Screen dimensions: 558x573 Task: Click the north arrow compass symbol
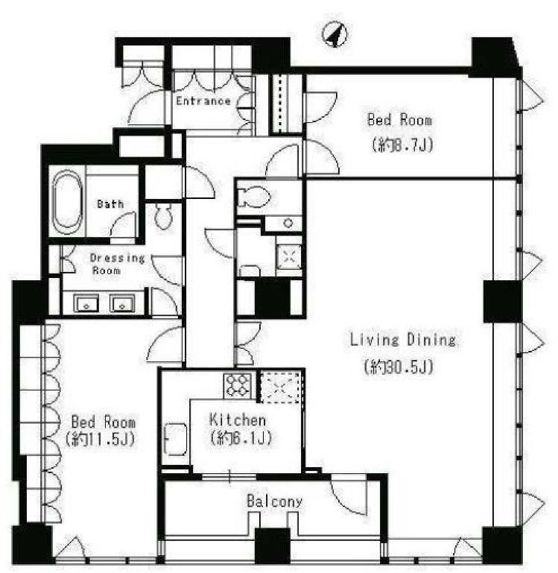(x=335, y=35)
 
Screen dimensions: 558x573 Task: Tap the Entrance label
(x=203, y=101)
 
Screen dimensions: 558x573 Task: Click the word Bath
(x=110, y=204)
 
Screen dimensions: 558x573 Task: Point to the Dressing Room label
(x=117, y=264)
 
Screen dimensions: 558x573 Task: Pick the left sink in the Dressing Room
(x=86, y=303)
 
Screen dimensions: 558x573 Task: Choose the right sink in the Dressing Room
(x=122, y=303)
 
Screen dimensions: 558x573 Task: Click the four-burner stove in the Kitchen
(x=238, y=386)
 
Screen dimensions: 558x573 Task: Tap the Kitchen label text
(x=238, y=420)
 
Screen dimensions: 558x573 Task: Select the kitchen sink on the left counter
(x=176, y=440)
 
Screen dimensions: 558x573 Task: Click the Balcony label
(x=275, y=501)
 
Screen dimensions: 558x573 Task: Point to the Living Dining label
(x=403, y=340)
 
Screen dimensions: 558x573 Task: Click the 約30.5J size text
(x=399, y=366)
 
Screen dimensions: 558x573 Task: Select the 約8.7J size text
(x=402, y=145)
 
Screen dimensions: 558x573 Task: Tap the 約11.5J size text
(x=100, y=439)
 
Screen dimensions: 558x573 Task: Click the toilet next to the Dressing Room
(x=163, y=216)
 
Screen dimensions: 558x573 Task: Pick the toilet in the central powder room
(x=253, y=197)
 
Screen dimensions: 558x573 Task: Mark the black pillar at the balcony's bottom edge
(x=273, y=545)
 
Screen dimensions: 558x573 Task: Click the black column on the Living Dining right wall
(x=503, y=302)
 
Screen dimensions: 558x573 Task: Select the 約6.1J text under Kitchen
(x=241, y=437)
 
